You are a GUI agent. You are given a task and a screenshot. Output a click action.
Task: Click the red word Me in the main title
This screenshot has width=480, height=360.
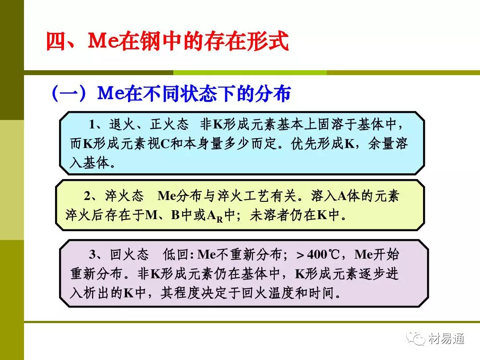pos(104,41)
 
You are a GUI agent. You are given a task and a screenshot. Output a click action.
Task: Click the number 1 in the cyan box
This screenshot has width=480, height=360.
pos(92,124)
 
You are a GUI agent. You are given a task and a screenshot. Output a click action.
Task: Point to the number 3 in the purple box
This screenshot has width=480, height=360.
pos(93,254)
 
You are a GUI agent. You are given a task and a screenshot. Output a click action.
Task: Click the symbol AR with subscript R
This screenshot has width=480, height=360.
pos(215,216)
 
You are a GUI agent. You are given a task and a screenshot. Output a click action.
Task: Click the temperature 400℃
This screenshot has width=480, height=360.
pos(323,255)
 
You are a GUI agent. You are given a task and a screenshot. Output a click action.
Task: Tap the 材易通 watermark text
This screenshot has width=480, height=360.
pos(446,339)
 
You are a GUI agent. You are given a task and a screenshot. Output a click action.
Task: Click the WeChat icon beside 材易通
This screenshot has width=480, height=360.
pos(416,338)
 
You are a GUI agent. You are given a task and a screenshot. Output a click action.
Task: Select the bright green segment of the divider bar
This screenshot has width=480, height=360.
pos(250,73)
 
